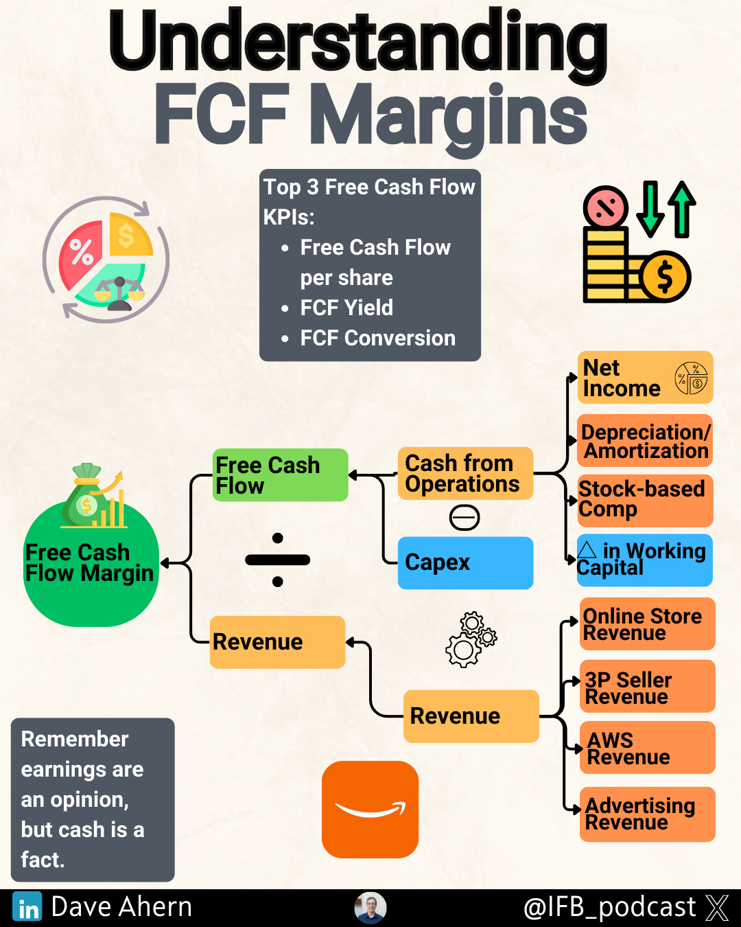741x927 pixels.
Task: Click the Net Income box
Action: point(645,378)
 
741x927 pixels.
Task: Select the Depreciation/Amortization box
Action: point(645,441)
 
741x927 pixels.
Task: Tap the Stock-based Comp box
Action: point(645,500)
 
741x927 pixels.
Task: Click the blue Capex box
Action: point(465,562)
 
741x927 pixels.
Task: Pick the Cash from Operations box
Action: point(465,473)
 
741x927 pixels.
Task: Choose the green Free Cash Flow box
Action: point(280,475)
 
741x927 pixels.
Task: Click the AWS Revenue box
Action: point(647,748)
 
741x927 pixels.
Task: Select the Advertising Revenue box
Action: point(647,814)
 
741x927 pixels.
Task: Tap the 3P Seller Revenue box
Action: point(647,687)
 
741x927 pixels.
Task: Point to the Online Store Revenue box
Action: point(647,623)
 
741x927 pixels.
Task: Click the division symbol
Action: point(277,560)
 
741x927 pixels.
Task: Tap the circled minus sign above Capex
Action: point(464,517)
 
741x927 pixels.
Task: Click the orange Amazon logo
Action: point(370,810)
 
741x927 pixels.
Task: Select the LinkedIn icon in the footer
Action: point(27,908)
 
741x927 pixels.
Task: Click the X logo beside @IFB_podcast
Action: point(717,908)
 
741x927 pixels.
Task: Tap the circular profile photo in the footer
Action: point(370,908)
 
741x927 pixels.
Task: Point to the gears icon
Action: point(471,639)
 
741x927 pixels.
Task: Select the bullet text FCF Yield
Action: point(346,308)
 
